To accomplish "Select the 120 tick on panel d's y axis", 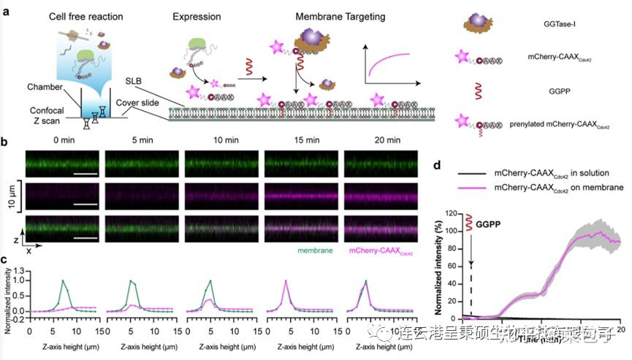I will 461,215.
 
